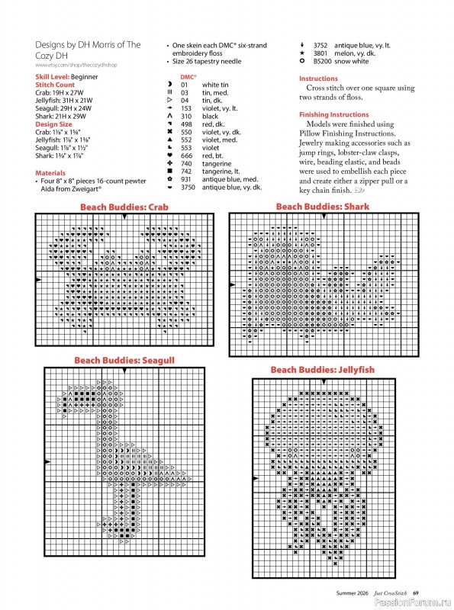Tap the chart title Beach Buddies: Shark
322,207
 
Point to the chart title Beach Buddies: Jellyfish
322,370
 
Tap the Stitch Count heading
54,84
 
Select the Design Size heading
53,124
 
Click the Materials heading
50,173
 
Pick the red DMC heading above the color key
188,77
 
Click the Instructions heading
318,79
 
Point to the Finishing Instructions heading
333,114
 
